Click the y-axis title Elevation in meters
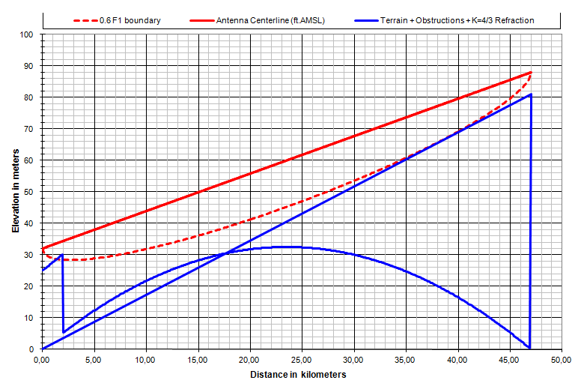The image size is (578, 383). [16, 190]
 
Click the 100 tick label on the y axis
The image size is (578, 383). [28, 34]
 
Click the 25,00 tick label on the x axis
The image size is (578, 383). [302, 361]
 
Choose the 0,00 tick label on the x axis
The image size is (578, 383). [43, 361]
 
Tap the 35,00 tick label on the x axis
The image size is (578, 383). [406, 361]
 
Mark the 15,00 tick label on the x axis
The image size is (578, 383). [198, 361]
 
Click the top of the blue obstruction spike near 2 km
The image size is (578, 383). [62, 255]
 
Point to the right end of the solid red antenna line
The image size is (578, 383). [530, 73]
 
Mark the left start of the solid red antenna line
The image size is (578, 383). [43, 248]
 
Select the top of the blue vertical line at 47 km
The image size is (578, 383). [530, 94]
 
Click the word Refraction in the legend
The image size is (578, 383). [513, 20]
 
